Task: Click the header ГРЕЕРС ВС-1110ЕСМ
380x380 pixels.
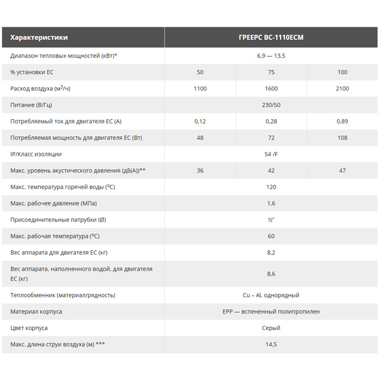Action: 271,37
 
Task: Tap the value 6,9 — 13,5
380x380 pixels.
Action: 271,56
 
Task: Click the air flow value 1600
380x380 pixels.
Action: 271,89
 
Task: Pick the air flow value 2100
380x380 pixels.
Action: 342,89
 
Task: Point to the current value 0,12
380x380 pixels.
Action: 200,121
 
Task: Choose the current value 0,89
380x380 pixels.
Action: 342,121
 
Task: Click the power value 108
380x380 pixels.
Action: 342,137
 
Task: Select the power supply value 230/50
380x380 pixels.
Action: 271,104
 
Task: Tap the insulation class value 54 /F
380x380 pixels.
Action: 271,154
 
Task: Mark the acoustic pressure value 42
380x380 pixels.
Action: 271,170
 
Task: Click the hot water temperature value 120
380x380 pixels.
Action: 271,187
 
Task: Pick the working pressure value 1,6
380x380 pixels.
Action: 271,203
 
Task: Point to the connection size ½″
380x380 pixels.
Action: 271,220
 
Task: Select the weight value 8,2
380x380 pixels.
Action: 271,252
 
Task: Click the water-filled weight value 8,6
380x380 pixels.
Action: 271,274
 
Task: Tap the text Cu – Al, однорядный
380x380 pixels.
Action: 271,295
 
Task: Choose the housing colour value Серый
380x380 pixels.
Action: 271,328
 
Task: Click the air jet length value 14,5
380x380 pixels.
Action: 271,345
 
